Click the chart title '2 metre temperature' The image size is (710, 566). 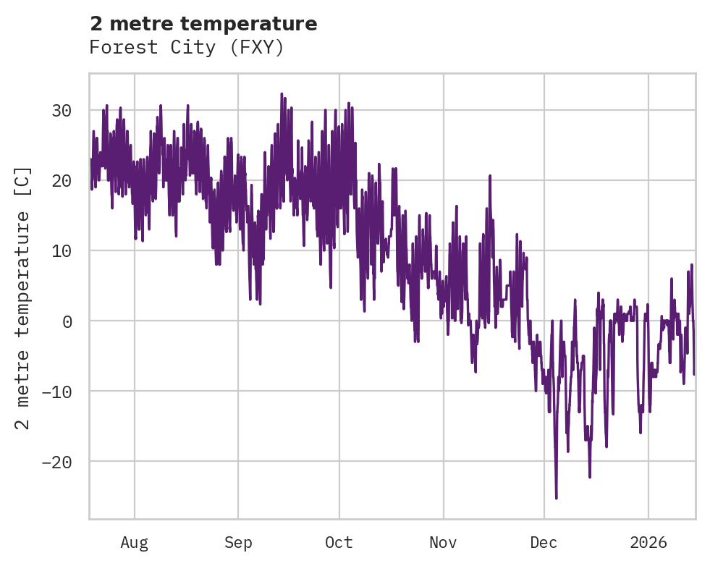coord(203,24)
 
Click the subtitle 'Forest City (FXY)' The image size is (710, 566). coord(187,48)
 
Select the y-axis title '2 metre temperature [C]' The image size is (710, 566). coord(23,297)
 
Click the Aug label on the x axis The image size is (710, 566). coord(134,542)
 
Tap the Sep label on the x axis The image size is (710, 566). coord(238,542)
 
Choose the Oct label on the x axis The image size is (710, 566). coord(339,542)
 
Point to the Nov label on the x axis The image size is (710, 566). coord(443,542)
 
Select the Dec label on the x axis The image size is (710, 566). coord(544,542)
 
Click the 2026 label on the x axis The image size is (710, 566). coord(648,542)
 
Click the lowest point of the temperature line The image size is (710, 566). coord(556,498)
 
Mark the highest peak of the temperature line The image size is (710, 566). coord(282,93)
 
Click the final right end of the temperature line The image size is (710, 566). coord(694,374)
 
